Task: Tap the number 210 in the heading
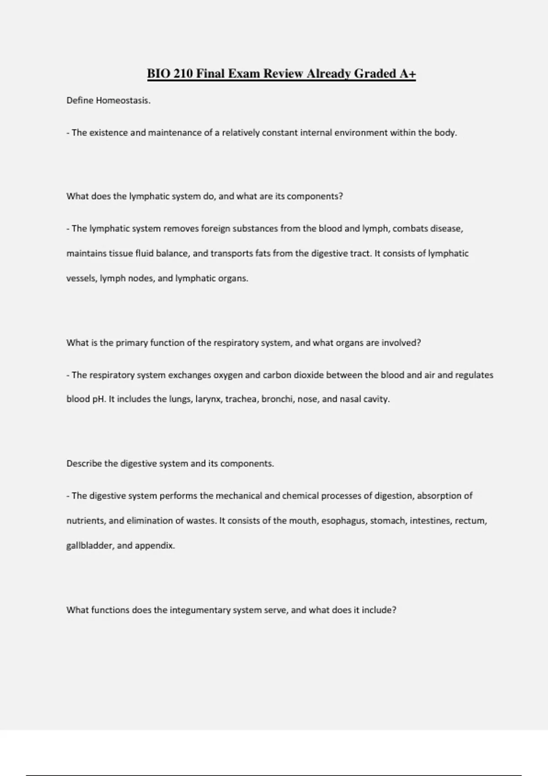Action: (x=183, y=73)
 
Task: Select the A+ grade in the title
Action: (x=407, y=73)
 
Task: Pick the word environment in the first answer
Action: (x=361, y=133)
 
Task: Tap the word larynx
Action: (x=209, y=399)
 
